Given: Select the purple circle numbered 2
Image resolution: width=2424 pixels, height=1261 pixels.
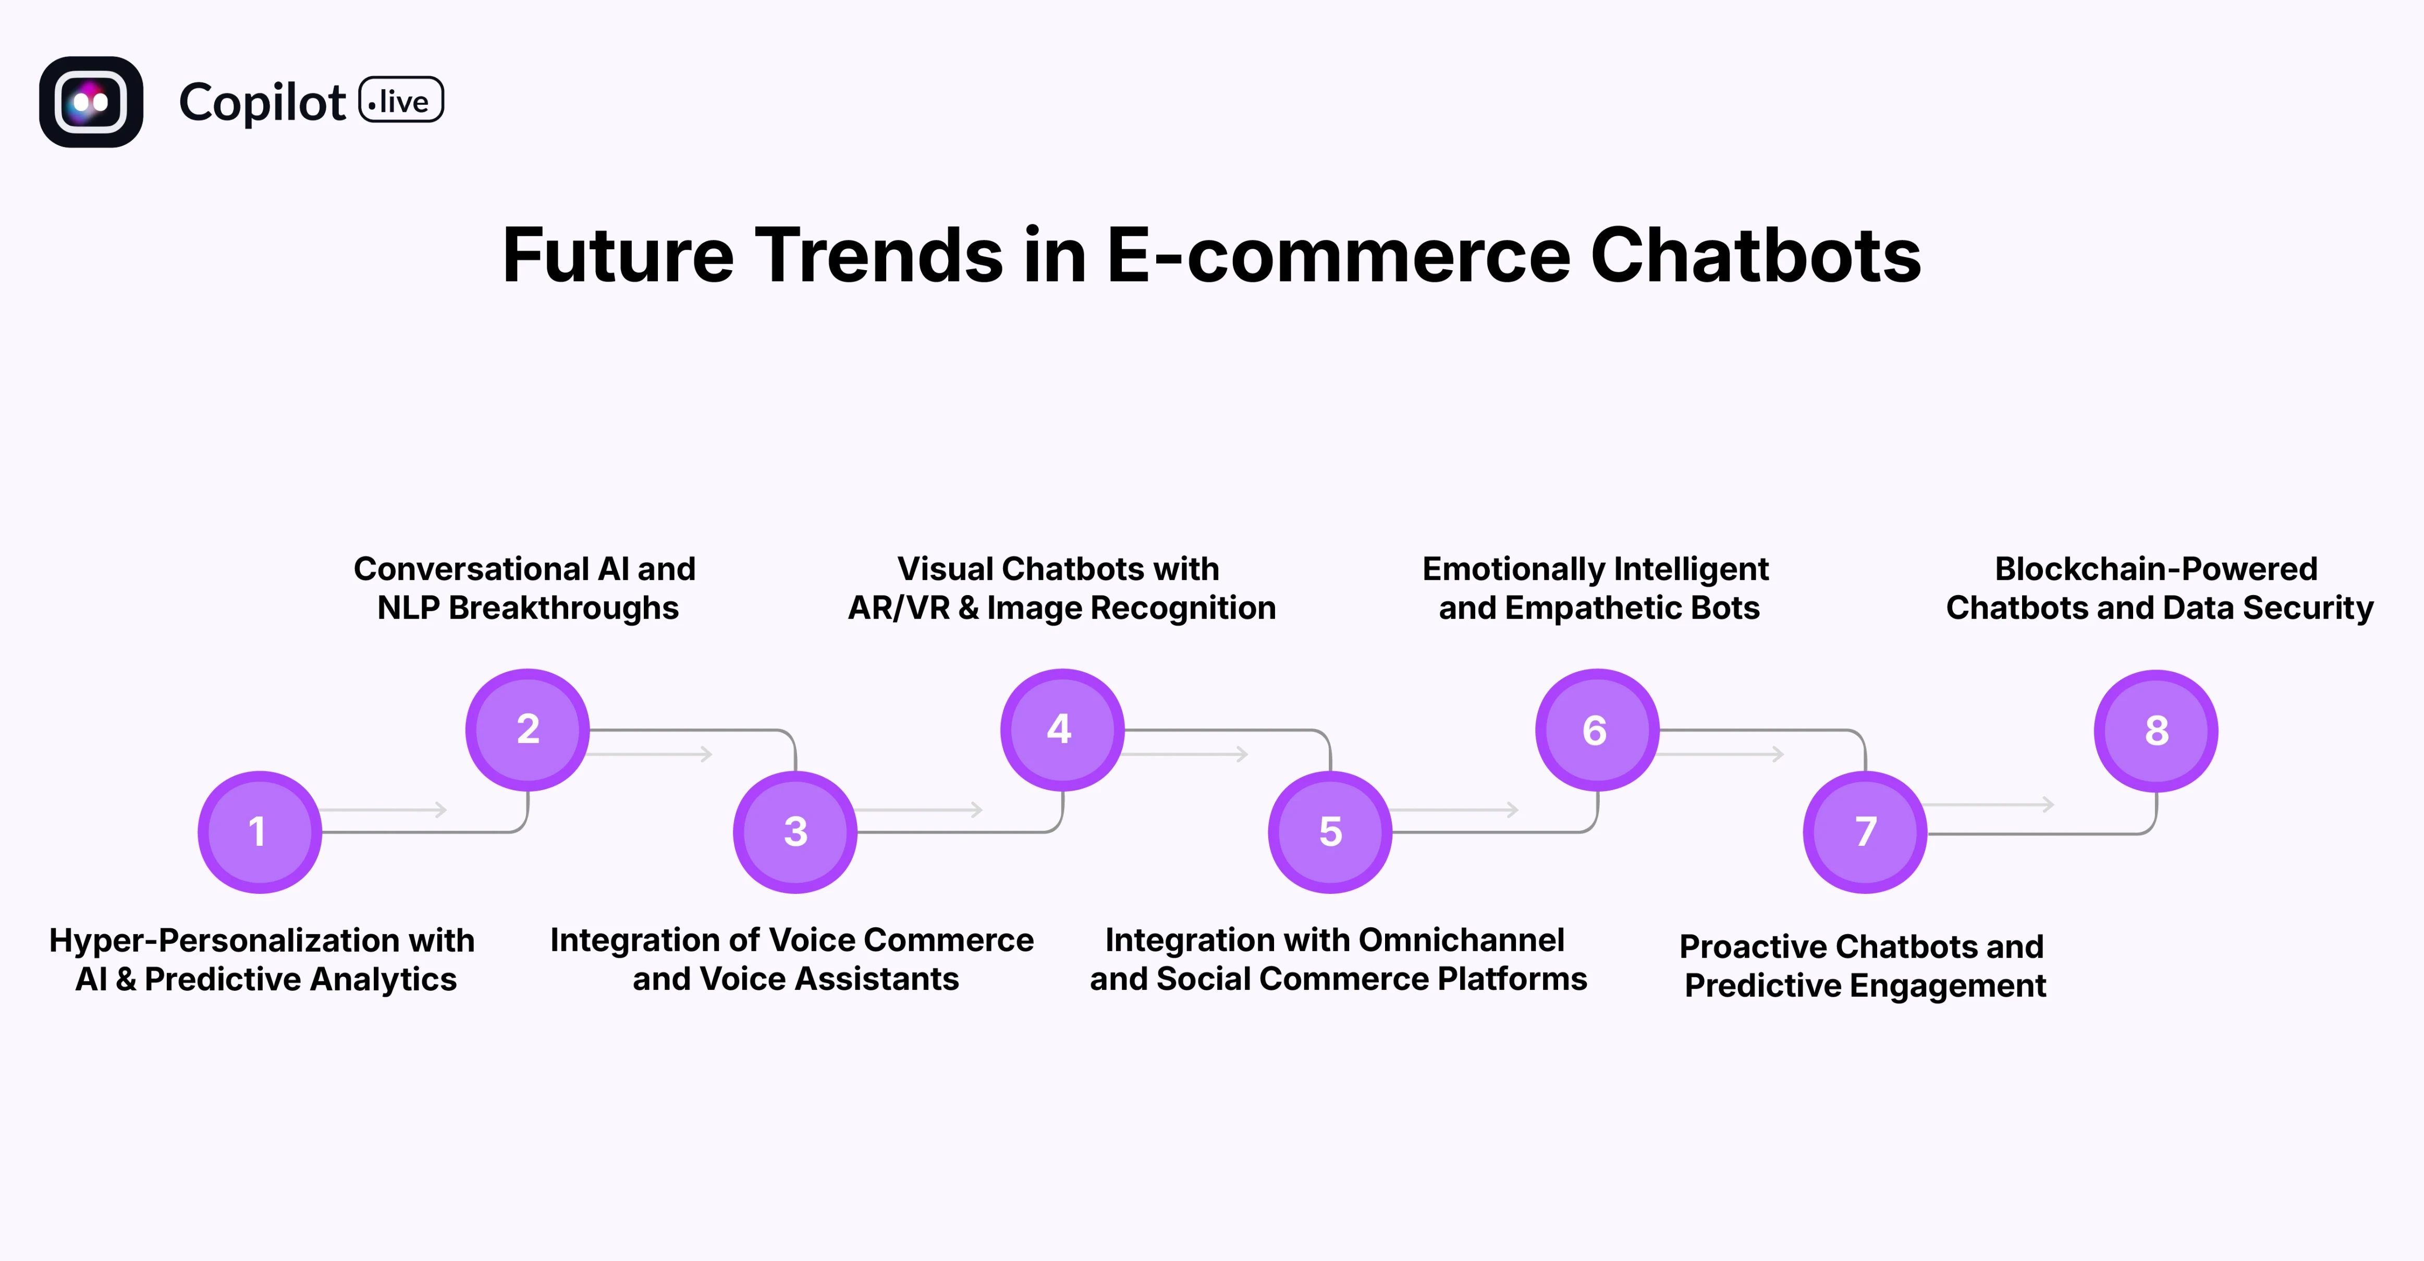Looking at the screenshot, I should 528,729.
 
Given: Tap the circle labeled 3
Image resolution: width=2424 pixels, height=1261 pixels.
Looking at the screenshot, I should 795,832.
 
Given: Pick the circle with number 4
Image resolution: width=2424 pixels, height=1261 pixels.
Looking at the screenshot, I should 1061,729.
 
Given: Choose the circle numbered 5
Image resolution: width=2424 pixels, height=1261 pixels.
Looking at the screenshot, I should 1330,832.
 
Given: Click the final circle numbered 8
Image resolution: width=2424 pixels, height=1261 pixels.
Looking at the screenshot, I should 2156,730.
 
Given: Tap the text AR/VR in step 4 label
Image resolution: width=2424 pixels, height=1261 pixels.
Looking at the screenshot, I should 899,608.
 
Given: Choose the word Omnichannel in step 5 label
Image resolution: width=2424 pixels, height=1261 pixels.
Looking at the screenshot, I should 1461,940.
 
